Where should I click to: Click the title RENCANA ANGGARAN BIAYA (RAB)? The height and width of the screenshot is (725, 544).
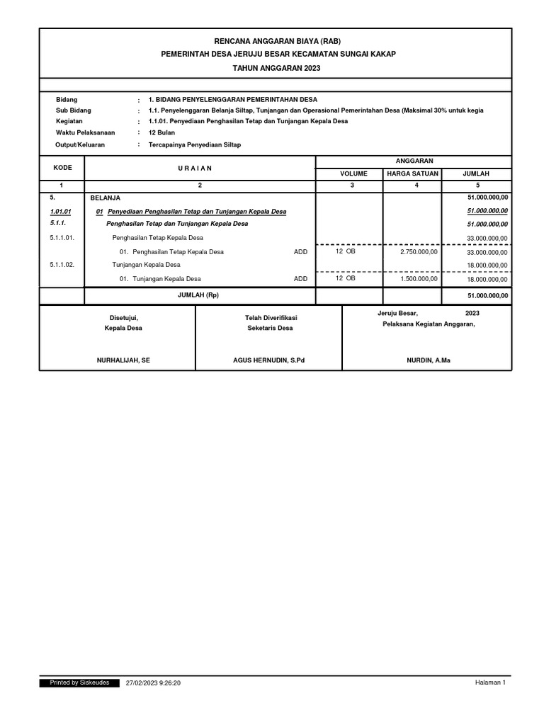[x=276, y=42]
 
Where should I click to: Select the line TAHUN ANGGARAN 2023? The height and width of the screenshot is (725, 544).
[x=276, y=67]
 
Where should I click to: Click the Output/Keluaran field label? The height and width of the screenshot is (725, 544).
[x=80, y=144]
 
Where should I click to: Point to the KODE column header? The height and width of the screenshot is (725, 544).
[x=62, y=167]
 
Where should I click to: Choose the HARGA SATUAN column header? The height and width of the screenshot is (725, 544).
[x=412, y=173]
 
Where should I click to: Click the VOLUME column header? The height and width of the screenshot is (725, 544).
[x=349, y=173]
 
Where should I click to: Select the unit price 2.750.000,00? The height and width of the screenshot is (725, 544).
[x=419, y=251]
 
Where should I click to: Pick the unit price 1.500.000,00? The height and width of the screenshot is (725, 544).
[x=419, y=279]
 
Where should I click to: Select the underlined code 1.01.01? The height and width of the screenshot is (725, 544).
[x=61, y=211]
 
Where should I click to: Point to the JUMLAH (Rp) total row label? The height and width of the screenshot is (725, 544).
[x=199, y=295]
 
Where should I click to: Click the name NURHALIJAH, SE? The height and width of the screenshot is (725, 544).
[x=123, y=360]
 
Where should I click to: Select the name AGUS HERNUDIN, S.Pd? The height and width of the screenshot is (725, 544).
[x=268, y=360]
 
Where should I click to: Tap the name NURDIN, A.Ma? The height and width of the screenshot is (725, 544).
[x=427, y=360]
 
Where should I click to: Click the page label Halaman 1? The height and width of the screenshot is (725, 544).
[x=489, y=683]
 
